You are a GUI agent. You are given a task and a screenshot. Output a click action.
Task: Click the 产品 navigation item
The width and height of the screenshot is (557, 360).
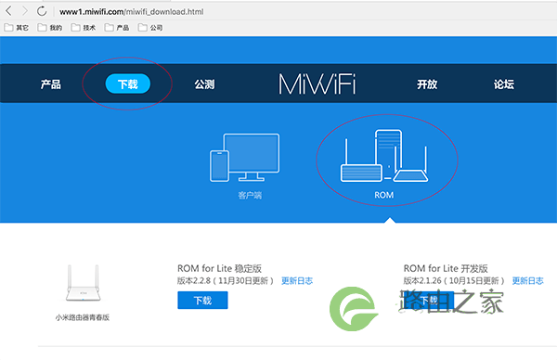tap(51, 84)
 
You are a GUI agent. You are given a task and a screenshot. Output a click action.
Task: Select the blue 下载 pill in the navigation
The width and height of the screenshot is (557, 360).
tap(127, 84)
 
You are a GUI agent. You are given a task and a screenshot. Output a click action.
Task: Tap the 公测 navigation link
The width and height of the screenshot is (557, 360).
tap(204, 84)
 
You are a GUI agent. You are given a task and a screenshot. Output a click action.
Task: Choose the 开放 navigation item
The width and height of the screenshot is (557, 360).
tap(427, 84)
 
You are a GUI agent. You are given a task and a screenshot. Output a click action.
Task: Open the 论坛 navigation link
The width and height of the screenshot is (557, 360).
tap(504, 84)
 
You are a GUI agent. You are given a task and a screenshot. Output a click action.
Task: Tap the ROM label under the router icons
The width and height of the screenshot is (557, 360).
tap(384, 196)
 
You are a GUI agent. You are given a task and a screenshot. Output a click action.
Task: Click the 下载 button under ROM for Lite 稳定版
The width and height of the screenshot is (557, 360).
tap(202, 301)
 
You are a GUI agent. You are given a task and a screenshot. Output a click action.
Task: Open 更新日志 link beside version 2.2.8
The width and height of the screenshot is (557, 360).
tap(297, 280)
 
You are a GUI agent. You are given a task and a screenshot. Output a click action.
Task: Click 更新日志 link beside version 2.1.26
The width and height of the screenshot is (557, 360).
tap(527, 280)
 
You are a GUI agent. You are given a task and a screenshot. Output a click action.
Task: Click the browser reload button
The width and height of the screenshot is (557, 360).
tap(43, 10)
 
